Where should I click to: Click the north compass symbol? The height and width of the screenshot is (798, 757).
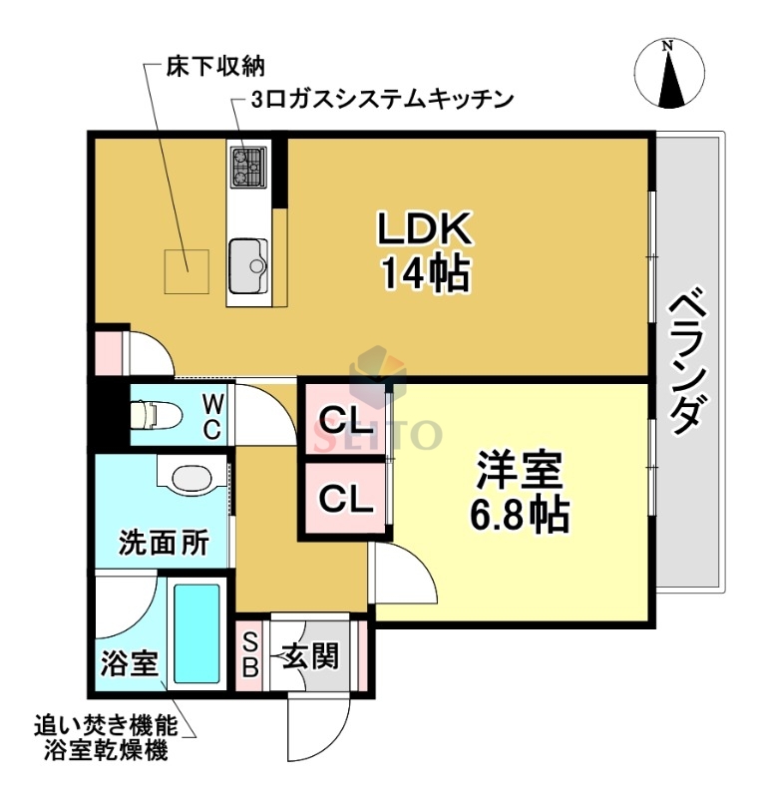(x=669, y=74)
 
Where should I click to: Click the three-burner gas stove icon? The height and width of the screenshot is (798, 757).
(x=247, y=168)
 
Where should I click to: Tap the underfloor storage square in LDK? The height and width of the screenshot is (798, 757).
(x=187, y=270)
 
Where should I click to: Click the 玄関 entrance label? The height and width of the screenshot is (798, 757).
(x=309, y=655)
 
